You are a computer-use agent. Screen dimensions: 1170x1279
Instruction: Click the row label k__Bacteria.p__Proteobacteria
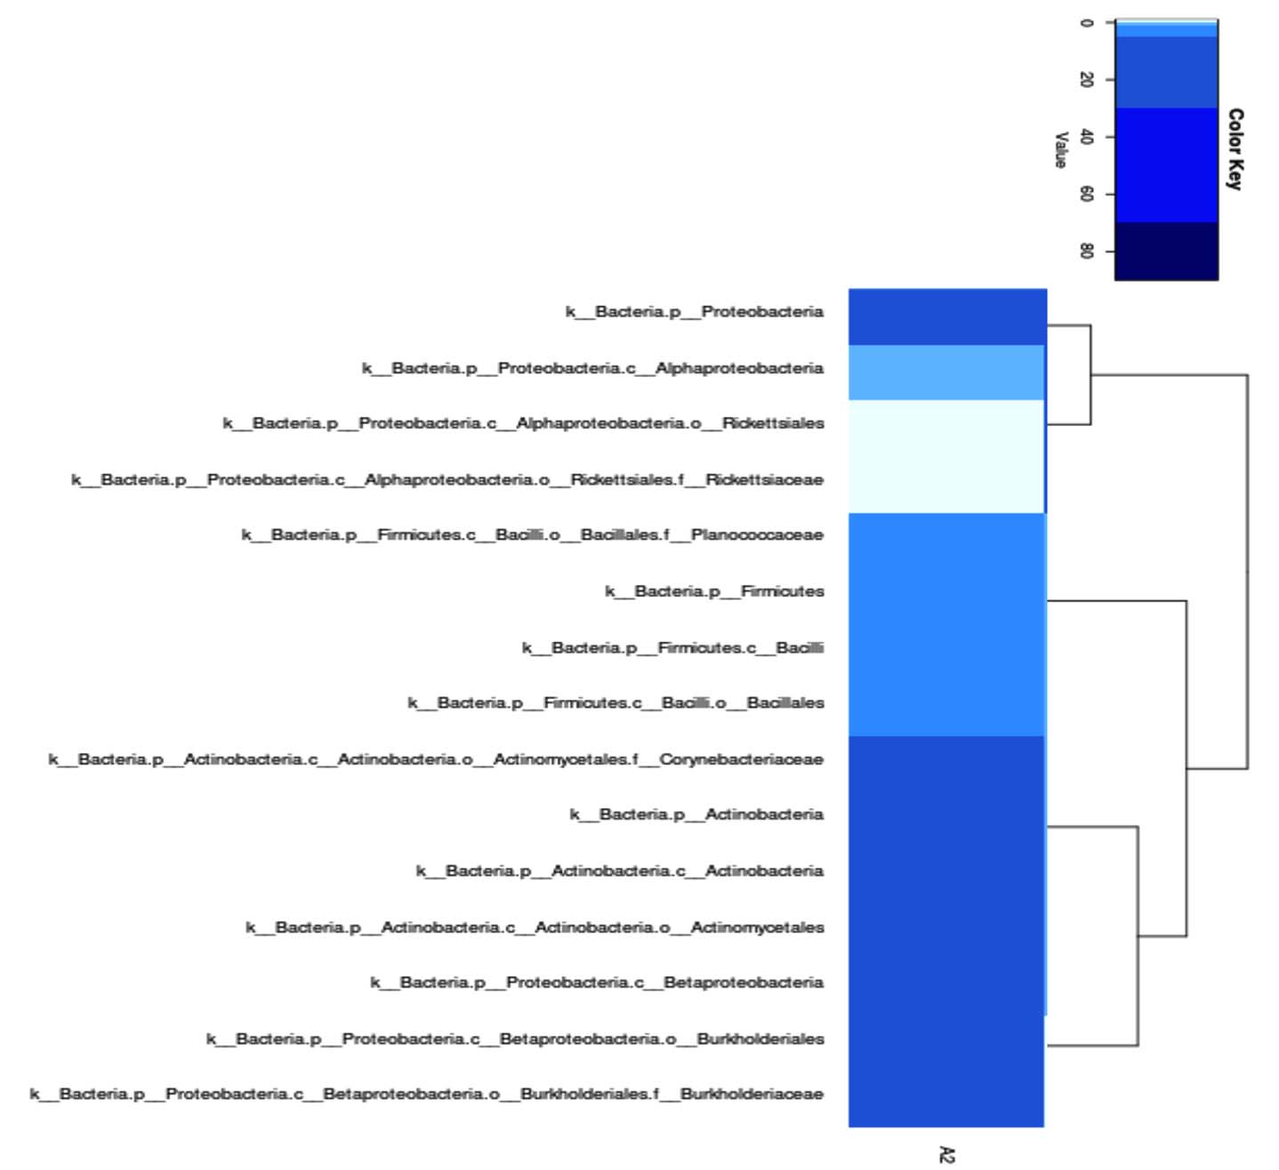point(694,312)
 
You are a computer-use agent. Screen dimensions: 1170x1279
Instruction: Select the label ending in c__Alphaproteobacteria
point(592,368)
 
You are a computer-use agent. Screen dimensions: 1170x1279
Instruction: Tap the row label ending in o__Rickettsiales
point(523,423)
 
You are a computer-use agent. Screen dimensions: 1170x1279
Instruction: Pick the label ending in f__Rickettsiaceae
point(447,480)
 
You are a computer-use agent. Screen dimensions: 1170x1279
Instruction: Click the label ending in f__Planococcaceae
point(532,535)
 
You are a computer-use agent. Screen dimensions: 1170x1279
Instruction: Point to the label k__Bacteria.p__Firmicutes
point(714,591)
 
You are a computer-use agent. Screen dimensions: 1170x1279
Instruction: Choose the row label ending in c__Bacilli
point(672,648)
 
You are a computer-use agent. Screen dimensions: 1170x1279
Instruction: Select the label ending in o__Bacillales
point(615,703)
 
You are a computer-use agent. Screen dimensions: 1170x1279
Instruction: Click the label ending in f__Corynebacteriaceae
point(436,760)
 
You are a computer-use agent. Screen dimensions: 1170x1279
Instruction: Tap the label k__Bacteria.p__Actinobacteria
point(696,814)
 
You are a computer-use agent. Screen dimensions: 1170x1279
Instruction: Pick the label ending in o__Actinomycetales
point(535,928)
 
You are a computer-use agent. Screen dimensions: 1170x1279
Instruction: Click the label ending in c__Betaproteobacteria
point(597,982)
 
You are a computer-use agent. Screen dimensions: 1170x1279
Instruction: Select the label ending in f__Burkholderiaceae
point(427,1094)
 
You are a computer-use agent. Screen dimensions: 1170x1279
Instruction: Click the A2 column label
point(946,1154)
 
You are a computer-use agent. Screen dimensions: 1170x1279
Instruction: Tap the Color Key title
point(1235,148)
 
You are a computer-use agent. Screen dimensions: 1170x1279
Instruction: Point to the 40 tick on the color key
point(1086,137)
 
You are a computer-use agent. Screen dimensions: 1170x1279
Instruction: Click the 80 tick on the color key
point(1086,252)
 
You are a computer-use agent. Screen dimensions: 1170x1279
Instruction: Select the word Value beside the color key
point(1060,149)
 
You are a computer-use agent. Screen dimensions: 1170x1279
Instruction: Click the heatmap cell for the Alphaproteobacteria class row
point(946,373)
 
